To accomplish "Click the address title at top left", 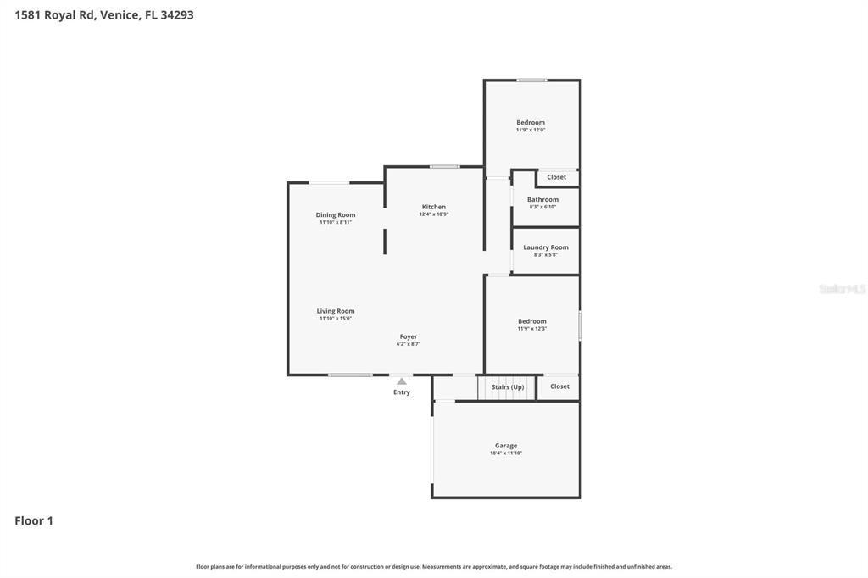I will pyautogui.click(x=104, y=14).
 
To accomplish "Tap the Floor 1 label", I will pyautogui.click(x=34, y=521).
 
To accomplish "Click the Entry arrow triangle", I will pyautogui.click(x=402, y=381).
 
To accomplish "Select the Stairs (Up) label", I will pyautogui.click(x=508, y=387).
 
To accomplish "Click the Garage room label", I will pyautogui.click(x=506, y=446).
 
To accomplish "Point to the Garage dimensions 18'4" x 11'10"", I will pyautogui.click(x=506, y=453).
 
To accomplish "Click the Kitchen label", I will pyautogui.click(x=434, y=207).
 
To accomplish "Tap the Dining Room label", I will pyautogui.click(x=336, y=215).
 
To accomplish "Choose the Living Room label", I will pyautogui.click(x=336, y=311).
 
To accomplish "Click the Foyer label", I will pyautogui.click(x=409, y=336).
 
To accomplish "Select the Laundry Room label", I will pyautogui.click(x=546, y=247).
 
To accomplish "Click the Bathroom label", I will pyautogui.click(x=543, y=200).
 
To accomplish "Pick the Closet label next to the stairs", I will pyautogui.click(x=560, y=386).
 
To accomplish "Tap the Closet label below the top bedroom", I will pyautogui.click(x=557, y=177).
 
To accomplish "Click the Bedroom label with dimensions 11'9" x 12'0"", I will pyautogui.click(x=531, y=123).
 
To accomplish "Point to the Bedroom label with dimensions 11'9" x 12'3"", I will pyautogui.click(x=532, y=321).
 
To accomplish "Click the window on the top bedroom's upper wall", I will pyautogui.click(x=531, y=81).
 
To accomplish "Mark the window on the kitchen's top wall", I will pyautogui.click(x=444, y=166).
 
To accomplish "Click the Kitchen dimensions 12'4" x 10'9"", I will pyautogui.click(x=434, y=214).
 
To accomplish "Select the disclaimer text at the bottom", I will pyautogui.click(x=434, y=566).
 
